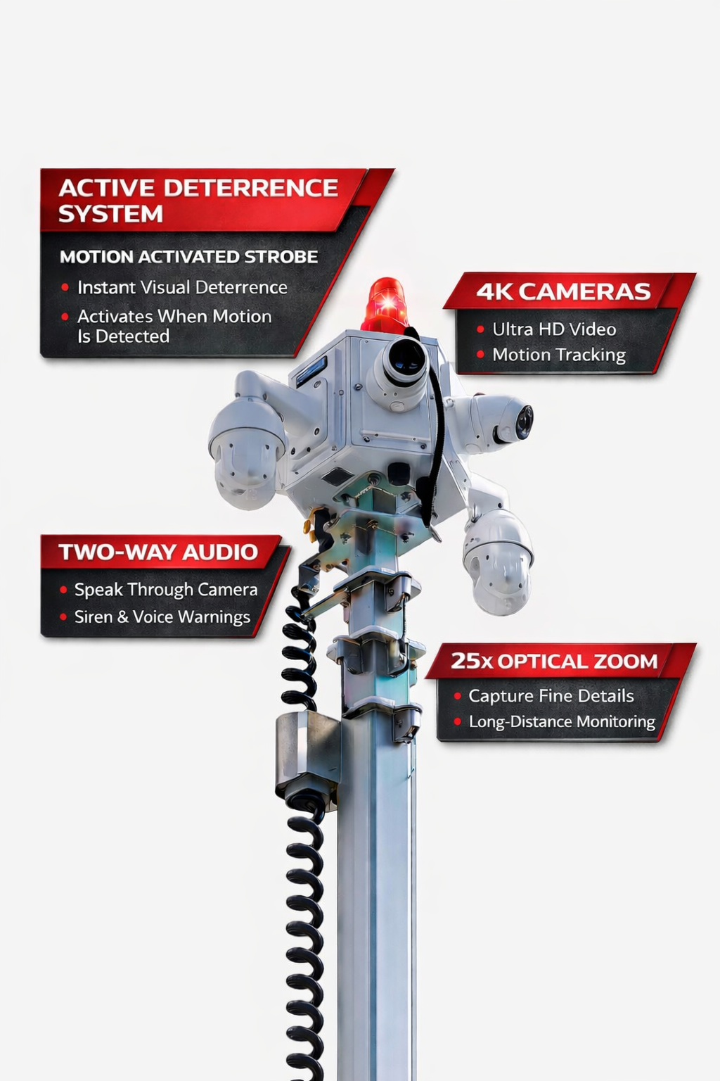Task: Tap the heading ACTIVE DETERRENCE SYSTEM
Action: click(x=198, y=201)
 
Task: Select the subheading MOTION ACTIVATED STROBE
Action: click(x=188, y=257)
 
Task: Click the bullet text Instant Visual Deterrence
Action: click(x=182, y=287)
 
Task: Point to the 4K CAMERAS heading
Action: click(x=564, y=291)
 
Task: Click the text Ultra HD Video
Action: click(x=554, y=329)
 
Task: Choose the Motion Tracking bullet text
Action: click(x=559, y=355)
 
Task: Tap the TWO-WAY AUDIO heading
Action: click(x=158, y=552)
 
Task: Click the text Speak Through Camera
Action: click(x=166, y=589)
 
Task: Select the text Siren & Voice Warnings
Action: click(x=162, y=617)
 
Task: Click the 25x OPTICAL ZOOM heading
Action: click(x=554, y=661)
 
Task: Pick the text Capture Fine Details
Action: click(x=551, y=695)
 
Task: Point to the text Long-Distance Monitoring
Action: click(x=562, y=721)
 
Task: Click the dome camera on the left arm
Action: click(x=246, y=450)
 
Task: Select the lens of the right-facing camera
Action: click(x=524, y=421)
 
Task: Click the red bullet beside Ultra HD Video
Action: click(x=480, y=329)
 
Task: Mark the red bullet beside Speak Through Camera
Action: click(x=63, y=589)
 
